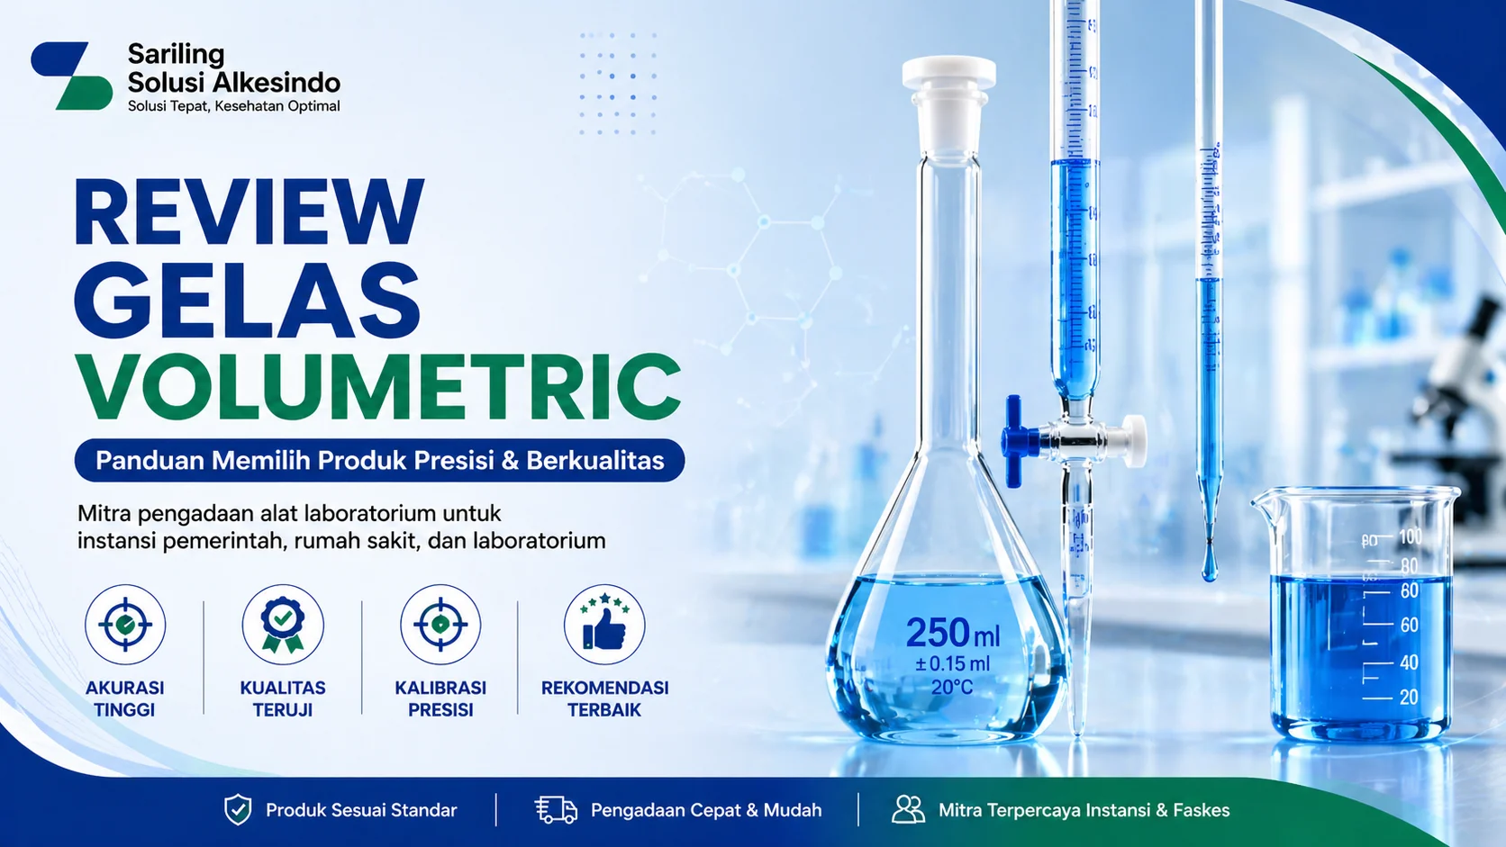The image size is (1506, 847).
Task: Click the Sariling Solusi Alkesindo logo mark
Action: tap(72, 76)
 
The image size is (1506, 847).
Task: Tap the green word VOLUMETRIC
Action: tap(377, 387)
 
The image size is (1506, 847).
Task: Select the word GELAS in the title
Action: tap(247, 300)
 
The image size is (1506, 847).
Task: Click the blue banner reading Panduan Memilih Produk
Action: tap(379, 461)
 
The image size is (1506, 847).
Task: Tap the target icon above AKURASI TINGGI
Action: tap(125, 624)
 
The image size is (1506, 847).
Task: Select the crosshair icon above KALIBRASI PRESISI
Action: tap(440, 624)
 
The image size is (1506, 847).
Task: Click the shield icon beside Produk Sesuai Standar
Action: tap(238, 810)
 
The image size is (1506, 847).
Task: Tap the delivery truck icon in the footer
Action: tap(556, 810)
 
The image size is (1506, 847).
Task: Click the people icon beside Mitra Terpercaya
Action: tap(908, 810)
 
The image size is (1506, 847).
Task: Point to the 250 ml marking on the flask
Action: tap(952, 633)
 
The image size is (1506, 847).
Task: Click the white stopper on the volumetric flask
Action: tap(948, 86)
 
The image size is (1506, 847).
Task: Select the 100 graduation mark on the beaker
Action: tap(1410, 537)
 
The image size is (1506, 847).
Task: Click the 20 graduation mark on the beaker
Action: tap(1409, 698)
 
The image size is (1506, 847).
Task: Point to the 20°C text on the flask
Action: tap(952, 688)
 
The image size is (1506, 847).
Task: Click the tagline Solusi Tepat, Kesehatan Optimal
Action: tap(233, 106)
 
